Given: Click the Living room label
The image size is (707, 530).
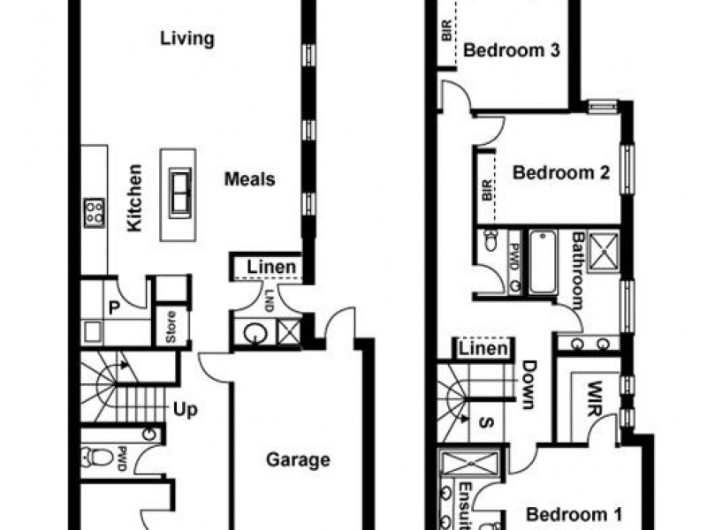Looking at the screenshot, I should (187, 39).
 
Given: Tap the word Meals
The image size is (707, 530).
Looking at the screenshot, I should (249, 179).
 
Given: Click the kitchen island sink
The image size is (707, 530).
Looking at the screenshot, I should (182, 192).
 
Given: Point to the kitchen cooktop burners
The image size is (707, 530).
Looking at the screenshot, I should (94, 212).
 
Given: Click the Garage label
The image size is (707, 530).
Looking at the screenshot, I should (299, 459).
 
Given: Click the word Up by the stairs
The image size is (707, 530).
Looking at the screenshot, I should (186, 410).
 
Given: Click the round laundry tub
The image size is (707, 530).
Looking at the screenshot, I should (255, 335).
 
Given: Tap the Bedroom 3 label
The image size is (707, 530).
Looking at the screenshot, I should (512, 50).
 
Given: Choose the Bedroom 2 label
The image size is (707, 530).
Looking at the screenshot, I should (561, 172).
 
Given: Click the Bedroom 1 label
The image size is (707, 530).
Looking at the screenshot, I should (574, 513).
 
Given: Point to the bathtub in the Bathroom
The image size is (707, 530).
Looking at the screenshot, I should (541, 262).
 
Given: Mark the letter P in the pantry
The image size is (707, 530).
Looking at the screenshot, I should (113, 307).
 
